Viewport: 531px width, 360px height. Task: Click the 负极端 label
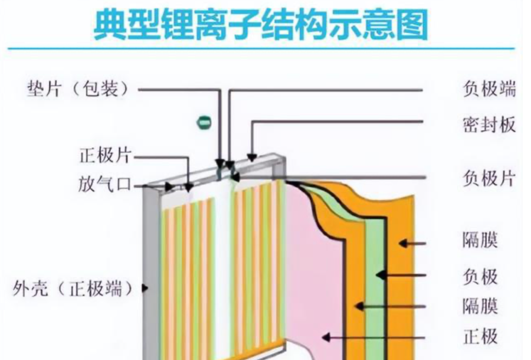(x=489, y=90)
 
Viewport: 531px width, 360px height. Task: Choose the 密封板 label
(x=489, y=124)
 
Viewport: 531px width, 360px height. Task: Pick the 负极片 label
(x=489, y=179)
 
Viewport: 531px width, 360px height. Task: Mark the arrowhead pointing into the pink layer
(x=325, y=337)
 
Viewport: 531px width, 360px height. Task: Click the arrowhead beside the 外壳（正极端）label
(x=145, y=288)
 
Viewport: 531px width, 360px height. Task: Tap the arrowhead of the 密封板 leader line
(x=252, y=157)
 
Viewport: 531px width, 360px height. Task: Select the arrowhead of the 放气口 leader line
(x=170, y=186)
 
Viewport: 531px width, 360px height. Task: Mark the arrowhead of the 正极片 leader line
(x=188, y=187)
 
